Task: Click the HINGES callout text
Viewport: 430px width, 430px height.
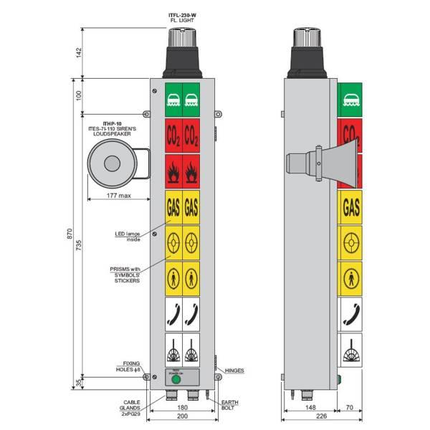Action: click(x=234, y=371)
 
